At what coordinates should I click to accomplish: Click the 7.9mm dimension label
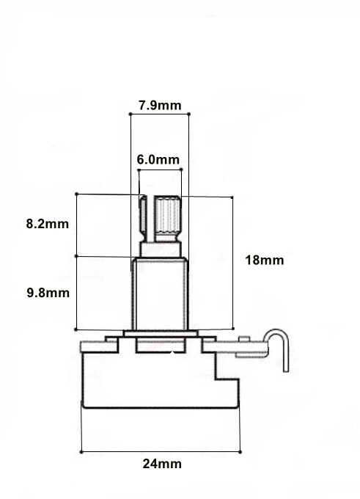(160, 106)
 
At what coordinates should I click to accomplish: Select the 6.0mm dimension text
(158, 159)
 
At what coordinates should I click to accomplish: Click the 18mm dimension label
(265, 261)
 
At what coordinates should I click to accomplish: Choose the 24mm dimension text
(163, 464)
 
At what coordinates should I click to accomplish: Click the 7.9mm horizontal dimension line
(160, 114)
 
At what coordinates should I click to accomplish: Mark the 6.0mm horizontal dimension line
(160, 170)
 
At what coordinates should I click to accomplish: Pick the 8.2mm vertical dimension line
(76, 225)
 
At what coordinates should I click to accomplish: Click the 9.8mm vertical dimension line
(76, 293)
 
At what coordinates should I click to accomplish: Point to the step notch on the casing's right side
(227, 374)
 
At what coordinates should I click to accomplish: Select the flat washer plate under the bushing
(161, 333)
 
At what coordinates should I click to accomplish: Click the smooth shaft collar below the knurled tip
(161, 249)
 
